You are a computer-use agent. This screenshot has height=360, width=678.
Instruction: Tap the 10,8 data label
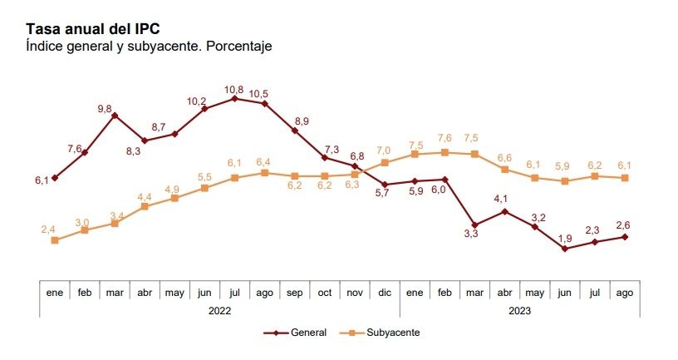pos(234,89)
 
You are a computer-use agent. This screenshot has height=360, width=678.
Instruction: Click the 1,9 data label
pos(564,237)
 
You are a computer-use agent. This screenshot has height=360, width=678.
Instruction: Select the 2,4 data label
pos(49,229)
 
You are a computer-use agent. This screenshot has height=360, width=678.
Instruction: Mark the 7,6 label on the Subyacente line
pos(444,138)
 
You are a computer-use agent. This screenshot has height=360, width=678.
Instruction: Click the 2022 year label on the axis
pos(220,310)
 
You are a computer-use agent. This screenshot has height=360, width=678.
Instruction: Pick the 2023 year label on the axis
pos(518,310)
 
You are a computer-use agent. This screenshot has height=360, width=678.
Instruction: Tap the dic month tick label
pos(384,293)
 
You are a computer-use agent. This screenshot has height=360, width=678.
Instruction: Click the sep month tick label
pos(294,293)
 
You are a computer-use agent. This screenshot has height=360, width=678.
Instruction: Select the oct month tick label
pos(324,293)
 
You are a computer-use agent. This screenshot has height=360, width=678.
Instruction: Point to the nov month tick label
pos(354,293)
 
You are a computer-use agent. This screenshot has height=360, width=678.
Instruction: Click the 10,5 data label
pos(264,94)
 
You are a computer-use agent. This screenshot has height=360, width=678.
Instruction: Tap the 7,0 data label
pos(384,150)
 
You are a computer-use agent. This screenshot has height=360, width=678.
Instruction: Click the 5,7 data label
pos(381,193)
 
